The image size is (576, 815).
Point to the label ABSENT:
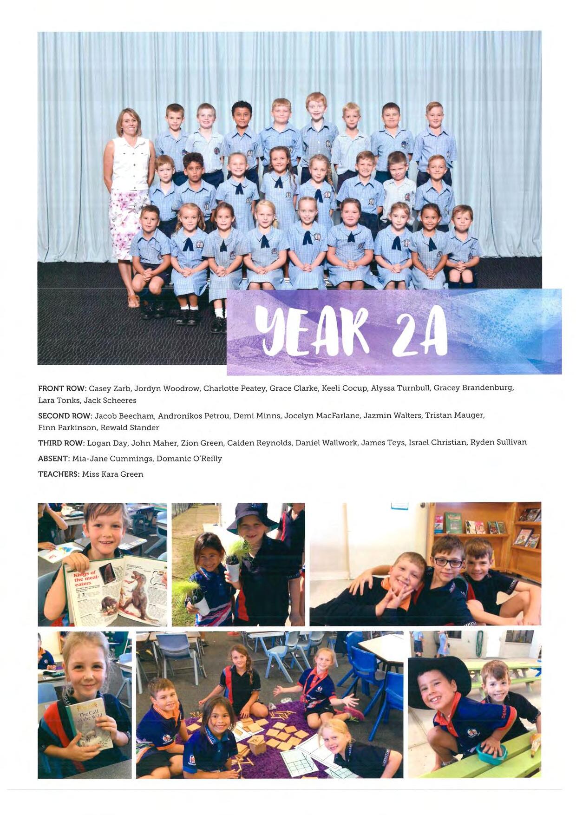tap(53, 459)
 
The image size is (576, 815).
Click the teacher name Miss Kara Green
tap(112, 474)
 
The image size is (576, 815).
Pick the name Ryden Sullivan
tap(498, 442)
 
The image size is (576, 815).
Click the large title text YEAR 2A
tap(351, 331)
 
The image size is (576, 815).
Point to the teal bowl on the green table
tap(491, 753)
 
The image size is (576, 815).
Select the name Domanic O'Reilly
tap(189, 459)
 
